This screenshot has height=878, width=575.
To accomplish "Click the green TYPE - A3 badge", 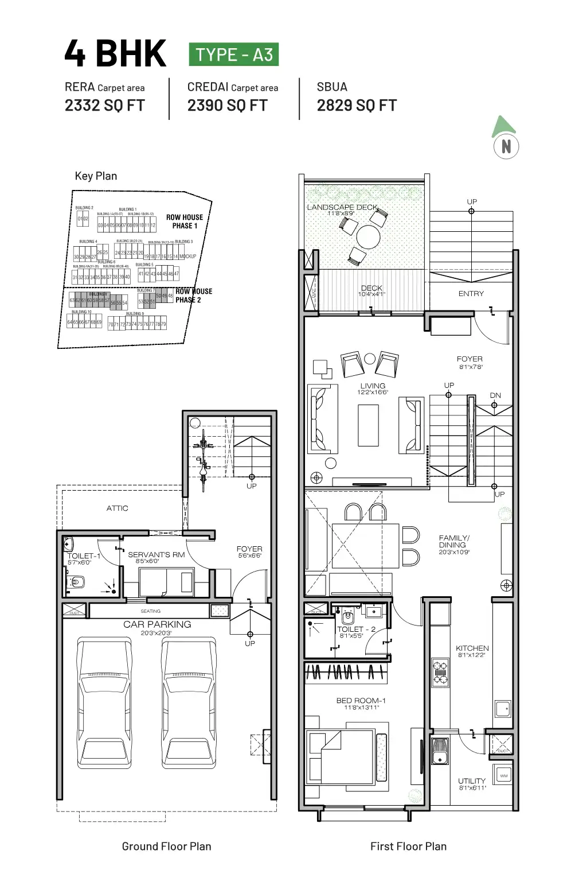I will pyautogui.click(x=233, y=55).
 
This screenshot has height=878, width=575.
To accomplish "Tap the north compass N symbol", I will pyautogui.click(x=506, y=146).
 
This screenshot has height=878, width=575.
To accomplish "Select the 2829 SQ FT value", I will pyautogui.click(x=357, y=106).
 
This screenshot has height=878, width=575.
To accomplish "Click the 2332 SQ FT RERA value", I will pyautogui.click(x=105, y=106).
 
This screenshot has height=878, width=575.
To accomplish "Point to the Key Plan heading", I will pyautogui.click(x=96, y=176).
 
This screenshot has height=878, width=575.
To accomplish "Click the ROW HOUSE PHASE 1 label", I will pyautogui.click(x=185, y=222).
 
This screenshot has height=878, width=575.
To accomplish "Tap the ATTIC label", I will pyautogui.click(x=117, y=508).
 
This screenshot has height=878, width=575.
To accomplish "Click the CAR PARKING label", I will pyautogui.click(x=157, y=624).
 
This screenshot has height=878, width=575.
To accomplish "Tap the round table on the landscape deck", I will pyautogui.click(x=368, y=236).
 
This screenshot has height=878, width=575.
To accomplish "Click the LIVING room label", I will pyautogui.click(x=373, y=386).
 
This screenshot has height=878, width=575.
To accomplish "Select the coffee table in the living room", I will pyautogui.click(x=368, y=425).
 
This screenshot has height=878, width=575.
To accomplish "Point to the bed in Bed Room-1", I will pyautogui.click(x=341, y=756).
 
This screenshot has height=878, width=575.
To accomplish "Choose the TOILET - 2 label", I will pyautogui.click(x=357, y=630).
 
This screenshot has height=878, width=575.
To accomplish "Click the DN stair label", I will pyautogui.click(x=495, y=395).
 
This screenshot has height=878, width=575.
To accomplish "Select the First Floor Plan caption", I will pyautogui.click(x=408, y=846).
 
